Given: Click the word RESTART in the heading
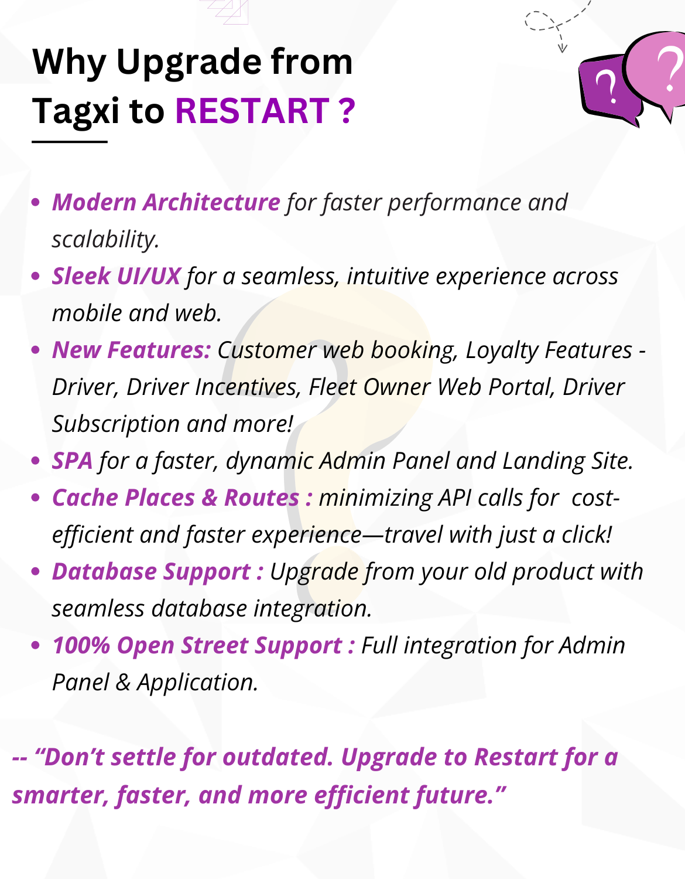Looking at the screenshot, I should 252,111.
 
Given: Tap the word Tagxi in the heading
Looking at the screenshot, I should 76,111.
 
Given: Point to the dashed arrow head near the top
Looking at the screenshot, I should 562,47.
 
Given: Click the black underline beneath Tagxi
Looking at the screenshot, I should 69,141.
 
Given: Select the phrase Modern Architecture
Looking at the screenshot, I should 166,202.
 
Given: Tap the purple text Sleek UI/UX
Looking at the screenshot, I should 116,276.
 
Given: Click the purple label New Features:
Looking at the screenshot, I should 131,350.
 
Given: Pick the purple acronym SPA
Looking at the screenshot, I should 72,461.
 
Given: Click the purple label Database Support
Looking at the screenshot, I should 152,571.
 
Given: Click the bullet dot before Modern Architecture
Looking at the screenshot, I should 36,203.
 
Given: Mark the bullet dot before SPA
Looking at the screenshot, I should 36,461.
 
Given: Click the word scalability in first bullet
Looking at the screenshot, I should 105,239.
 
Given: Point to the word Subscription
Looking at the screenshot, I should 116,424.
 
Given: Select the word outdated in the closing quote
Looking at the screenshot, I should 278,757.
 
